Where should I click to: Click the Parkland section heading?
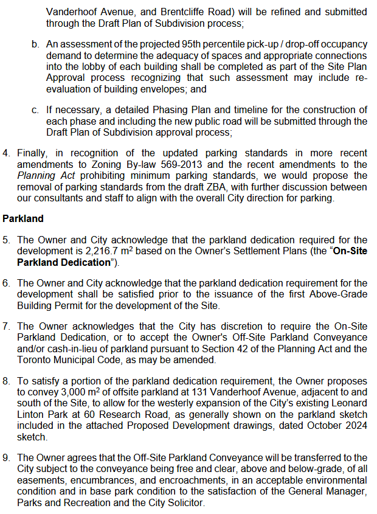(23, 217)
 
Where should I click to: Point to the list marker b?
(36, 44)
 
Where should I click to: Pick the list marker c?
(36, 109)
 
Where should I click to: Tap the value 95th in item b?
(191, 44)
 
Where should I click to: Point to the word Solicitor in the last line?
(186, 503)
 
